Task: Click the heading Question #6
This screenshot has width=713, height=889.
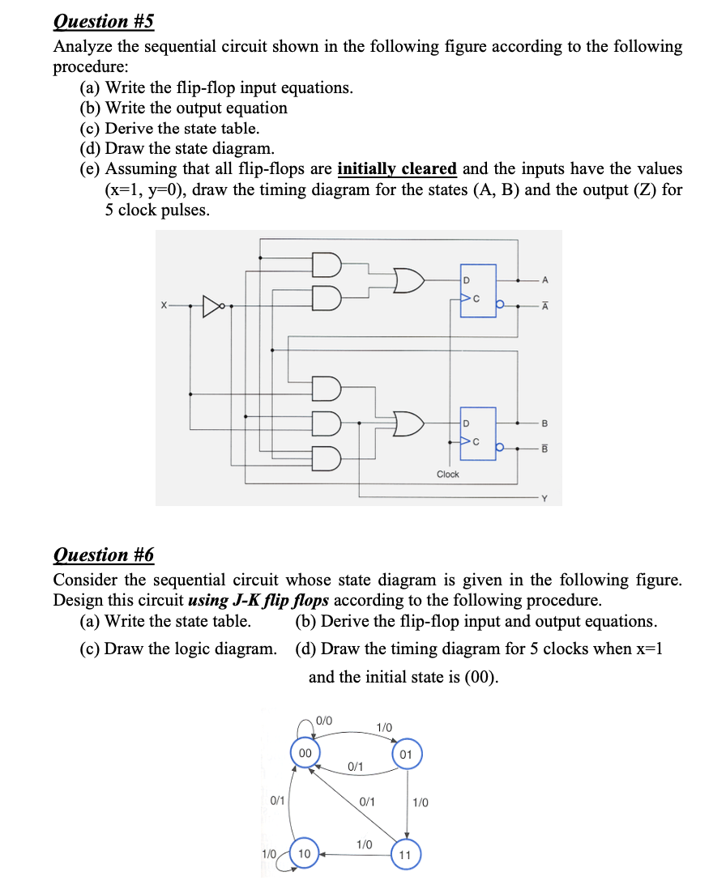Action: point(103,555)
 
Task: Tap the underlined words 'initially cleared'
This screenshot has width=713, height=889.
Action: point(397,169)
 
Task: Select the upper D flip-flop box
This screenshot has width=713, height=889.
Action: point(479,290)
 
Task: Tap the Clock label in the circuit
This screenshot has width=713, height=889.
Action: point(447,474)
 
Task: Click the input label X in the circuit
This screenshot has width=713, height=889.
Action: point(164,307)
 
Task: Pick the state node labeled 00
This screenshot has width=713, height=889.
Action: point(304,752)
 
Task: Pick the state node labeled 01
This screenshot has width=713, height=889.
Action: point(406,755)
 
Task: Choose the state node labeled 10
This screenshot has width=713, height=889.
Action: point(304,853)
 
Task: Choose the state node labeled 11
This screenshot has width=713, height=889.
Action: point(405,855)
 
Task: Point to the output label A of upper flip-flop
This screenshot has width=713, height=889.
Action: point(545,281)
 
